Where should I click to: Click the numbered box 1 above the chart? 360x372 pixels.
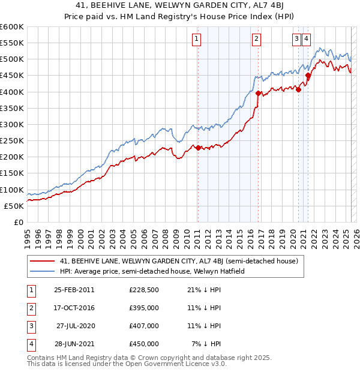coord(197,40)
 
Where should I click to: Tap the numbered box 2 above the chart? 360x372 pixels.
coord(256,40)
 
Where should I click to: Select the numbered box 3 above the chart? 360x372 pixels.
coord(296,40)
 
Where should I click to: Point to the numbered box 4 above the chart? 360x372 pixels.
coord(306,40)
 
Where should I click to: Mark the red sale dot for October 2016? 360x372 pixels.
coord(258,93)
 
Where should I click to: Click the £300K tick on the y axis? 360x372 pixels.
coord(12,124)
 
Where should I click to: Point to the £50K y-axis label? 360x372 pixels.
coord(14,206)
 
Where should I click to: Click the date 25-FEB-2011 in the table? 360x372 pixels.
coord(74,290)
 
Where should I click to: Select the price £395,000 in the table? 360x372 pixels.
coord(143,308)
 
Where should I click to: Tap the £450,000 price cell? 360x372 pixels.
coord(143,344)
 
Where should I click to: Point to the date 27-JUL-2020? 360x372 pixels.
coord(75,326)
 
